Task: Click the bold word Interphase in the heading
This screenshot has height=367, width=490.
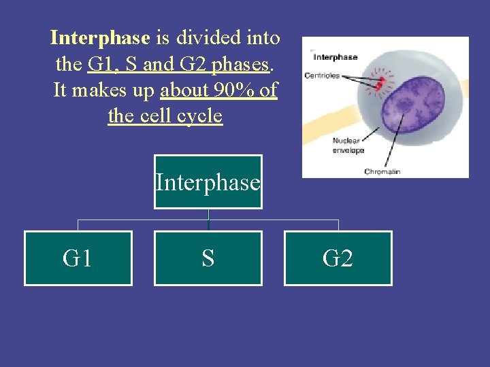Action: pos(99,38)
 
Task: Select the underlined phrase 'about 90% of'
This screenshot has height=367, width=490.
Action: pos(218,90)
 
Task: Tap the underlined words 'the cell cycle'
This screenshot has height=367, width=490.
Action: pos(165,116)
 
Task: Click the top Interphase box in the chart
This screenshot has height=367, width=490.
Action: pos(208,182)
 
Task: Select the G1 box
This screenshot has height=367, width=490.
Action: pos(78,258)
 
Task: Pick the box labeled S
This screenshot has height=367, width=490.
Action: pos(208,258)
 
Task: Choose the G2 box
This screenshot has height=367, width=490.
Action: pos(338,258)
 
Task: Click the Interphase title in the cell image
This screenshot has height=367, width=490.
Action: pos(334,57)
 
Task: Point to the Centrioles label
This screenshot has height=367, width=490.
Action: pos(322,75)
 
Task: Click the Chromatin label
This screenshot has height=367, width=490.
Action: pos(382,172)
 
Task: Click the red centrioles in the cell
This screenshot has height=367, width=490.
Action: pos(381,82)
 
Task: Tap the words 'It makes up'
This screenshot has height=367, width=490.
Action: pos(105,90)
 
